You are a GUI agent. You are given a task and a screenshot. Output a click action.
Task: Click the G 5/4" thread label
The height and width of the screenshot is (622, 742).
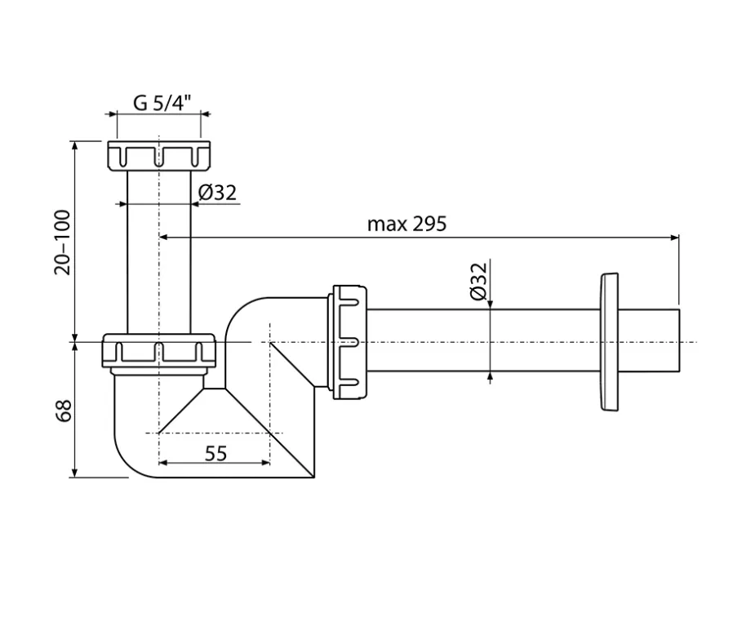[x=162, y=103]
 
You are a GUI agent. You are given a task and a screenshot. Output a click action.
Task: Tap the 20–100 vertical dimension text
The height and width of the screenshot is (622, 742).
[x=63, y=242]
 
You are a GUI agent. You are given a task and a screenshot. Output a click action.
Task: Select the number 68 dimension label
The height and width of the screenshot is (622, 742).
[x=64, y=411]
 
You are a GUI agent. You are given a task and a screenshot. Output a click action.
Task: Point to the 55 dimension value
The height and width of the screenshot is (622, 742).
[x=215, y=454]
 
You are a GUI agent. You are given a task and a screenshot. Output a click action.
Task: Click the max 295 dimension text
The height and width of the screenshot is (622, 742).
[x=407, y=224]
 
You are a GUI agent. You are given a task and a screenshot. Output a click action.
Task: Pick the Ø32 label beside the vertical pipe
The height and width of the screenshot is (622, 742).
[x=217, y=193]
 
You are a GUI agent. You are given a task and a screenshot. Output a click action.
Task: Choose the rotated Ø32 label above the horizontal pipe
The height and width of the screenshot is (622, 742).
[x=478, y=281]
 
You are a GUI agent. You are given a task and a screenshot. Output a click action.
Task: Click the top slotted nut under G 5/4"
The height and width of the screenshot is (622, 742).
[x=158, y=155]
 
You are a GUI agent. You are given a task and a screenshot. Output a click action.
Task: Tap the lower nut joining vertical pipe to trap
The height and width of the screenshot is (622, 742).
[x=159, y=350]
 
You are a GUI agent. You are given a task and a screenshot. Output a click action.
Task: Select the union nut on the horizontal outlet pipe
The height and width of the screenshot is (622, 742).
[x=350, y=342]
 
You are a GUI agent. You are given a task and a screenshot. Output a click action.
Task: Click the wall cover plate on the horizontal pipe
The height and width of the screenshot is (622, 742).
[x=609, y=342]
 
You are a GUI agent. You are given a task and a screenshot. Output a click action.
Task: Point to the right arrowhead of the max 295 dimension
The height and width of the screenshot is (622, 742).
[x=674, y=238]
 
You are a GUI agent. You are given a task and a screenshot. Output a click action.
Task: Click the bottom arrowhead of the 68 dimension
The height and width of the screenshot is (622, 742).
[x=74, y=473]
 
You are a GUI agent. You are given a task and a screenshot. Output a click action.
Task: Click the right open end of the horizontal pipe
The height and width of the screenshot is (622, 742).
[x=679, y=340]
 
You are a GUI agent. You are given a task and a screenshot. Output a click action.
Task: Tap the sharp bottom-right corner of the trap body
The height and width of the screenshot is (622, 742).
[x=314, y=478]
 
